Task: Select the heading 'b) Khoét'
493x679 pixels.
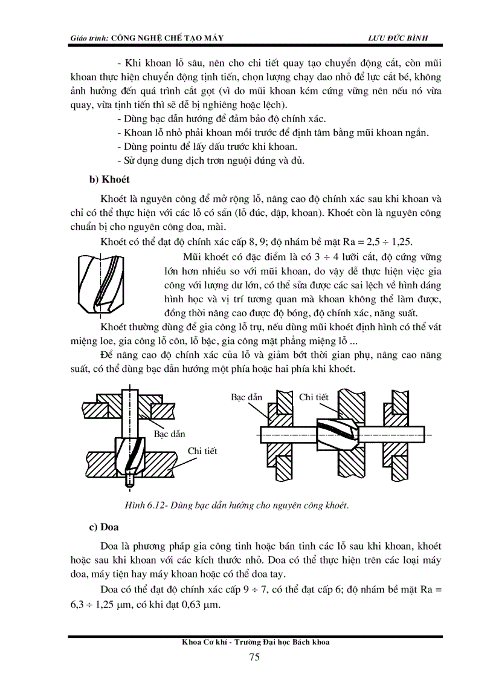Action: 109,180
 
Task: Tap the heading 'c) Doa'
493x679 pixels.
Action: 103,527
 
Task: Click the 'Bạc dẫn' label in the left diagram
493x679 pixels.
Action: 169,434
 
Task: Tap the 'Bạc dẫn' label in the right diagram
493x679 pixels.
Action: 246,397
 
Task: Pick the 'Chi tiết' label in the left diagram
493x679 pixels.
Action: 202,451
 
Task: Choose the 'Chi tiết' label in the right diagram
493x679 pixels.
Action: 314,397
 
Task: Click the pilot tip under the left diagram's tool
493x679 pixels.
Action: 128,481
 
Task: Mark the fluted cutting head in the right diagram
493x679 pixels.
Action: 338,431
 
